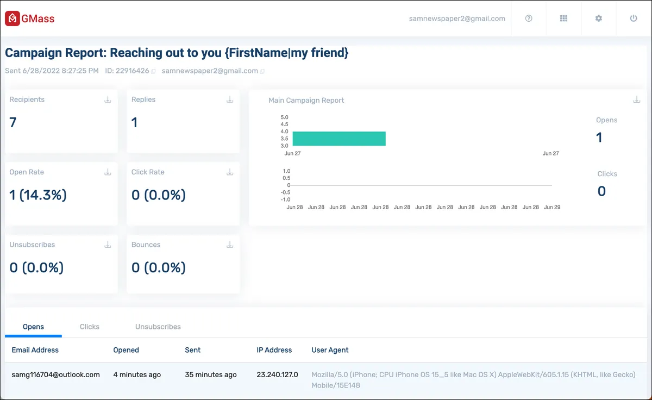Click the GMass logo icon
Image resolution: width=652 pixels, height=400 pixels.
12,18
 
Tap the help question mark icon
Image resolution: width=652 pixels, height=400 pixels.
529,18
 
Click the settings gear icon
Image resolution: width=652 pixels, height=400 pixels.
598,18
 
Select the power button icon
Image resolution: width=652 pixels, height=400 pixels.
634,18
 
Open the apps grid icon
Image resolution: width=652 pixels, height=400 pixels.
563,18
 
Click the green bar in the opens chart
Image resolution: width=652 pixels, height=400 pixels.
339,139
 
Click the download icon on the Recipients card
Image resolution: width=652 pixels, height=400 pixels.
108,99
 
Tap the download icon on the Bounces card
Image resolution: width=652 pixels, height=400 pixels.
230,245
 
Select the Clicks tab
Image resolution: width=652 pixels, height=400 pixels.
90,327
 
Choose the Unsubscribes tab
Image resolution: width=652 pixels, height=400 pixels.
158,327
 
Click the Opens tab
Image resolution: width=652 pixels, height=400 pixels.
34,327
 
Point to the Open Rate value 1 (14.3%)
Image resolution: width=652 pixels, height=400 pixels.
38,195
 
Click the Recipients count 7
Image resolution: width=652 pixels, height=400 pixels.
13,122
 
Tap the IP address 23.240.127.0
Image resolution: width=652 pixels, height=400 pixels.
277,374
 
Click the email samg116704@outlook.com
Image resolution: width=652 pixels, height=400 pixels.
55,374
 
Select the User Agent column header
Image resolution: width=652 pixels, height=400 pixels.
330,350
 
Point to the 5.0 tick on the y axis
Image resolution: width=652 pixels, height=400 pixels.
284,117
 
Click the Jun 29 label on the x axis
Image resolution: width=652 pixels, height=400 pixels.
552,207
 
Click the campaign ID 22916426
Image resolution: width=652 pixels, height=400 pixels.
132,71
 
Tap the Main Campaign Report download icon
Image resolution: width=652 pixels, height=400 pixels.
637,99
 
